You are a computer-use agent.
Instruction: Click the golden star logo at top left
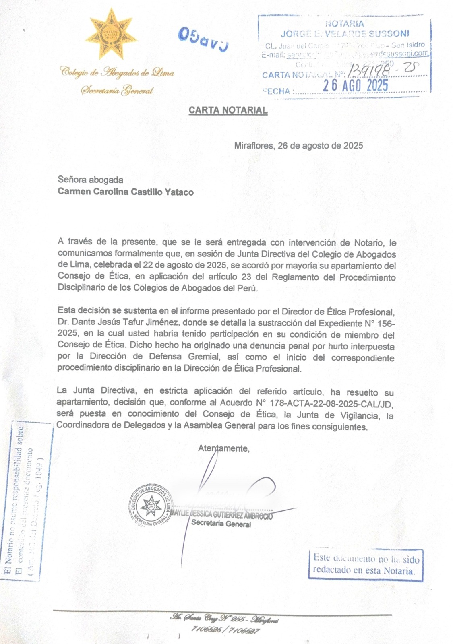pyautogui.click(x=109, y=35)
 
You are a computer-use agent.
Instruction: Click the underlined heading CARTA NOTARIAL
pyautogui.click(x=228, y=110)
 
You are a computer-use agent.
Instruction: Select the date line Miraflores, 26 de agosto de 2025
pyautogui.click(x=298, y=146)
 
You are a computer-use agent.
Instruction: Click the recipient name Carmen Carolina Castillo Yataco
pyautogui.click(x=125, y=192)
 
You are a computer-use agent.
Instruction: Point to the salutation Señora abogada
pyautogui.click(x=90, y=180)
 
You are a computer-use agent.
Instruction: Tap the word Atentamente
pyautogui.click(x=224, y=448)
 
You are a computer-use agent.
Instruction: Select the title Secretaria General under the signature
pyautogui.click(x=221, y=524)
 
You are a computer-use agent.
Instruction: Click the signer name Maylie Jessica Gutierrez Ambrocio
pyautogui.click(x=222, y=516)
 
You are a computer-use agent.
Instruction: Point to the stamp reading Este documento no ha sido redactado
pyautogui.click(x=366, y=564)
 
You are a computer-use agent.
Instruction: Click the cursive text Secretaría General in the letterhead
pyautogui.click(x=117, y=91)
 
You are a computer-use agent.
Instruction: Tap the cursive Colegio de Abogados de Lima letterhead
pyautogui.click(x=117, y=73)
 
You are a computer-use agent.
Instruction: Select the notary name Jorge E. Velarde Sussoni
pyautogui.click(x=345, y=33)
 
